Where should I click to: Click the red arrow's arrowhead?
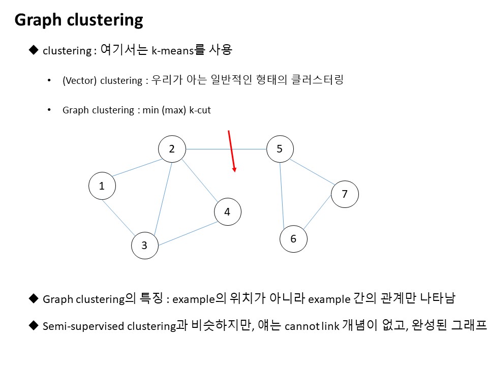click(x=234, y=170)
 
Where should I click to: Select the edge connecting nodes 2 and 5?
click(x=226, y=149)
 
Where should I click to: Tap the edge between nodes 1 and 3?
click(x=118, y=218)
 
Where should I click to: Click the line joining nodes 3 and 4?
click(x=188, y=233)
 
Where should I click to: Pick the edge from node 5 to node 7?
click(x=312, y=172)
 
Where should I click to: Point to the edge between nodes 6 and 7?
click(x=317, y=212)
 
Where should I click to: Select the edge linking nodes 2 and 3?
click(x=163, y=198)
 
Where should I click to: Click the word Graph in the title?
click(x=38, y=20)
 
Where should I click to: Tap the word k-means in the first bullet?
click(x=173, y=50)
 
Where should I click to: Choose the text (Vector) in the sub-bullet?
click(x=80, y=81)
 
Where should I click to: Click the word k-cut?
click(x=200, y=110)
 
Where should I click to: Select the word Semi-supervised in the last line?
click(x=83, y=326)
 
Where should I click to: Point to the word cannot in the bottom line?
click(x=301, y=326)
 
